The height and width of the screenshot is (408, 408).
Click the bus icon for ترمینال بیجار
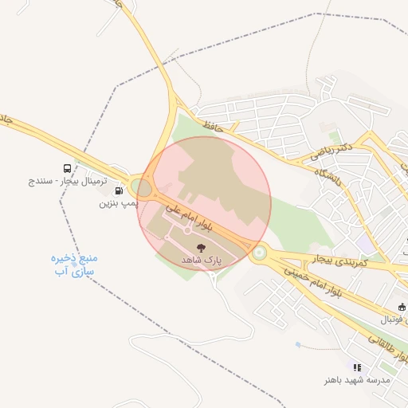(67, 168)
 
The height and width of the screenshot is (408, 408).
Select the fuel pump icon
(120, 190)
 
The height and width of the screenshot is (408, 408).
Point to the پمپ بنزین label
(119, 203)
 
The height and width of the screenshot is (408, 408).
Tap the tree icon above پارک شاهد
(200, 248)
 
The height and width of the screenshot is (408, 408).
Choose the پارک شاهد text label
(200, 261)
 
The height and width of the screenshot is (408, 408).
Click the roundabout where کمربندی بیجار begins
(258, 253)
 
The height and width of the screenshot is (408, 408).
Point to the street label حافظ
(211, 125)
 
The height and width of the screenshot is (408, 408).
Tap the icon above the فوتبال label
(402, 307)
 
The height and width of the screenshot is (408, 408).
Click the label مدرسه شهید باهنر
(358, 380)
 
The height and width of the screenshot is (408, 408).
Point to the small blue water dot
(297, 345)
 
